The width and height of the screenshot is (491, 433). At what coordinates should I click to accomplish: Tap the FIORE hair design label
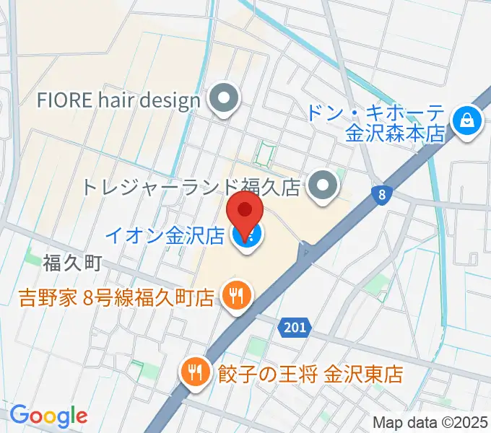click(118, 100)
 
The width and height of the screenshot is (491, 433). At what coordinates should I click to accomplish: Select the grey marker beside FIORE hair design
click(224, 101)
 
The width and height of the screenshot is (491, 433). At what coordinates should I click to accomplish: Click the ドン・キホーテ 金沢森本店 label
click(375, 124)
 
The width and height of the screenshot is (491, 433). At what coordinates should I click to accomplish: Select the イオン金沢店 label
click(165, 235)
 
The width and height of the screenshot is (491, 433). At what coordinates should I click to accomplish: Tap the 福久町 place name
click(72, 262)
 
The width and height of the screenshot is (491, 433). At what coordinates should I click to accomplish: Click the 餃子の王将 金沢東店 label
click(310, 375)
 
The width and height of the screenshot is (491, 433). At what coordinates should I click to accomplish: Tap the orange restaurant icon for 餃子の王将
click(195, 373)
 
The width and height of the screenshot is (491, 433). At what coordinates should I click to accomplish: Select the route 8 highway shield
click(381, 193)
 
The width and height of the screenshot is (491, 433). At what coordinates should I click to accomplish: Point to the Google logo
click(48, 415)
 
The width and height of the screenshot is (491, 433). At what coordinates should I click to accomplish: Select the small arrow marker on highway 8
click(308, 253)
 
